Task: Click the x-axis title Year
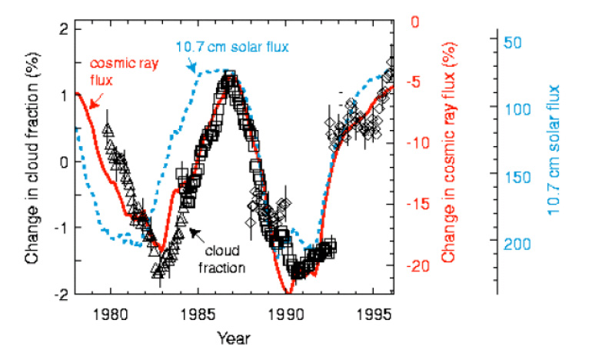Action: tap(232, 337)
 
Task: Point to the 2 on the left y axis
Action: tap(65, 30)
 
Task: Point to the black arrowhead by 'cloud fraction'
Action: tap(192, 232)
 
